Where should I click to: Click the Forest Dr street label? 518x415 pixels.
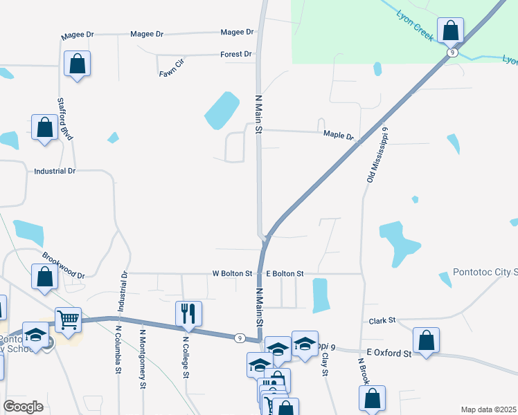(x=235, y=54)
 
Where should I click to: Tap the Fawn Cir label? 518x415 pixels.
(x=172, y=67)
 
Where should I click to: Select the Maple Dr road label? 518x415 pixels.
(x=339, y=136)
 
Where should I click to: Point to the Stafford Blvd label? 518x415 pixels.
(x=65, y=120)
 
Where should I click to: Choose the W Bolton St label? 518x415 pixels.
(x=232, y=274)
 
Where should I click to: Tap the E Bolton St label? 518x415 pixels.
(x=285, y=274)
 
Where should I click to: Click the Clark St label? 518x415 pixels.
(x=382, y=321)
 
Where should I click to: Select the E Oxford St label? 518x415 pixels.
(x=389, y=353)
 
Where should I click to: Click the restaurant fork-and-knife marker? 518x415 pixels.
(x=188, y=313)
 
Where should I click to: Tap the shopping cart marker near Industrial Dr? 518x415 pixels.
(x=68, y=320)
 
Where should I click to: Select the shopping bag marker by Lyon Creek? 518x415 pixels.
(x=450, y=30)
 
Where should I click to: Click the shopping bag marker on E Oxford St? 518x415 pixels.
(x=426, y=340)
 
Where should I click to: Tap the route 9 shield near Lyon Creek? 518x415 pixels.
(x=452, y=52)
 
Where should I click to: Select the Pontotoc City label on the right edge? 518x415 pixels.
(x=485, y=273)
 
